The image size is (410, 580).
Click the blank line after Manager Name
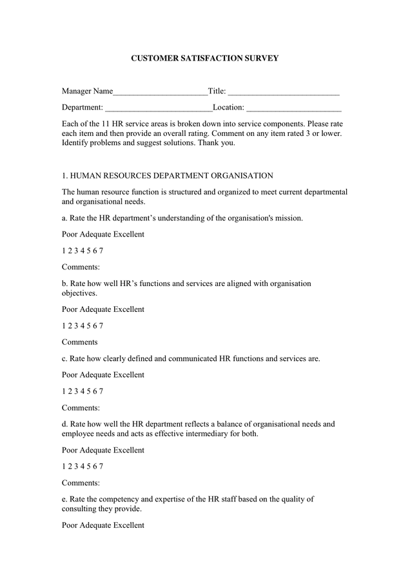tap(161, 92)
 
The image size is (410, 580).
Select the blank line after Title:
tap(284, 92)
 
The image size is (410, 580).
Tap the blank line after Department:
tap(159, 107)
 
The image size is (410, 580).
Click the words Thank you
tap(217, 142)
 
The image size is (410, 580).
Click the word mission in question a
tap(288, 218)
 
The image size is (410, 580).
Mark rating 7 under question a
tap(101, 251)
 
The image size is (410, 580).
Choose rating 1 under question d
tap(64, 466)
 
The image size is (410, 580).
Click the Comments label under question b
tap(80, 342)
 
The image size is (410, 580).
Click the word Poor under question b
tap(70, 309)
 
